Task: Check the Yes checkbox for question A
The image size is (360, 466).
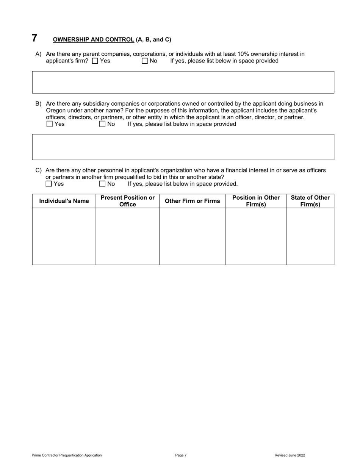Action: (x=95, y=61)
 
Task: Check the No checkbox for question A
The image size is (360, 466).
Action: (x=145, y=61)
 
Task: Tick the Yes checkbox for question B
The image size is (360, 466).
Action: (x=50, y=124)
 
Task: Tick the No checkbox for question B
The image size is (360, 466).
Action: (x=102, y=124)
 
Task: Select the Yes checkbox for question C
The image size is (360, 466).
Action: (x=49, y=184)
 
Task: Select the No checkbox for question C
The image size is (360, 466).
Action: (x=102, y=184)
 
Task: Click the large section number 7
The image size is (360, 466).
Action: (x=34, y=38)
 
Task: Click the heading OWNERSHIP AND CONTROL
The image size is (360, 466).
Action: (x=93, y=39)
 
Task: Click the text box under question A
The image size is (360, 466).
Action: (x=183, y=82)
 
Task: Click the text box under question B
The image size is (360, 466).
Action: (x=183, y=147)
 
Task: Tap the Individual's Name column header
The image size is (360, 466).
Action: (x=64, y=201)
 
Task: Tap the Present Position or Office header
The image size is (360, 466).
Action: (x=128, y=201)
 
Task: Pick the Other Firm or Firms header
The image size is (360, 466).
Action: (x=193, y=201)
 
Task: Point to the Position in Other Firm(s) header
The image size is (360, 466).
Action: (x=256, y=201)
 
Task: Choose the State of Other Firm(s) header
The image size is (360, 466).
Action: (x=310, y=201)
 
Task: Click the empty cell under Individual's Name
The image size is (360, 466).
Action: (x=64, y=236)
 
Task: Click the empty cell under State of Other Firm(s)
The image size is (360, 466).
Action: (x=310, y=236)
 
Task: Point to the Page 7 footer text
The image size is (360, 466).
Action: (x=181, y=455)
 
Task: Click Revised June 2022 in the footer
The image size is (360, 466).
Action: (x=290, y=455)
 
